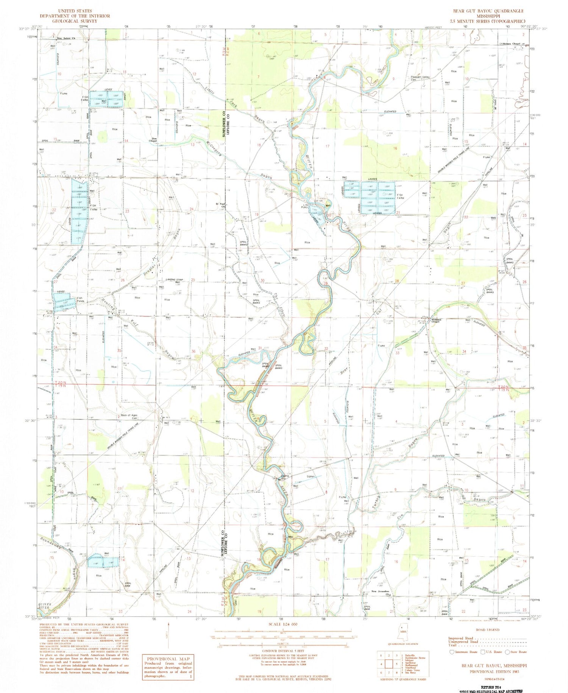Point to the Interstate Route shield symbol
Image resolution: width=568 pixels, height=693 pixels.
[x=451, y=652]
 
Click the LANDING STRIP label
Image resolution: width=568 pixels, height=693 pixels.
[x=175, y=279]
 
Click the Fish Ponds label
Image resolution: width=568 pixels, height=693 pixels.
[x=80, y=299]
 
